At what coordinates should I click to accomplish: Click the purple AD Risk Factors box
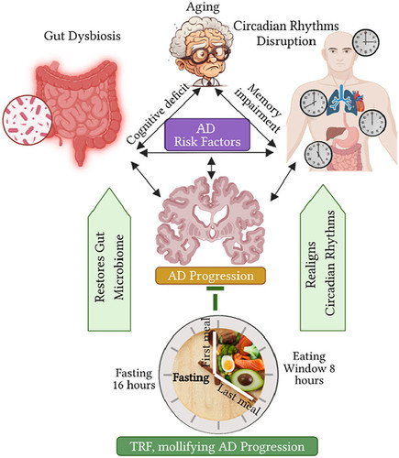click(x=207, y=135)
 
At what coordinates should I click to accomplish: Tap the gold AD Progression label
click(x=210, y=276)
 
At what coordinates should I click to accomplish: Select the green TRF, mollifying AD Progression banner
click(x=217, y=446)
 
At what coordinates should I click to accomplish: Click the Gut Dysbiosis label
click(x=83, y=36)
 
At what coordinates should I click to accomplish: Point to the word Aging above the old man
click(x=203, y=7)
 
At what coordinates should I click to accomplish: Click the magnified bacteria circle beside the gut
click(x=28, y=120)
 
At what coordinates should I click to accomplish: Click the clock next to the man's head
click(x=366, y=42)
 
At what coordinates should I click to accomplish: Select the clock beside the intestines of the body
click(x=318, y=155)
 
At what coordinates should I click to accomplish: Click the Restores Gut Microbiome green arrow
click(x=109, y=259)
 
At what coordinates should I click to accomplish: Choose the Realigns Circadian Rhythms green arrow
click(x=323, y=258)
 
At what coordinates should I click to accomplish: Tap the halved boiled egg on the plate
click(x=227, y=364)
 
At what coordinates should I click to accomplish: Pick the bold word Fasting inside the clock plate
click(x=191, y=377)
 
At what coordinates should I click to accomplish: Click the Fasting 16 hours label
click(x=134, y=379)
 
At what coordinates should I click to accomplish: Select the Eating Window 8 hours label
click(x=309, y=368)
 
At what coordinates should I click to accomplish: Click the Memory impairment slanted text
click(x=259, y=108)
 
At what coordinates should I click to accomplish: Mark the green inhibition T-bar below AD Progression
click(x=216, y=299)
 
